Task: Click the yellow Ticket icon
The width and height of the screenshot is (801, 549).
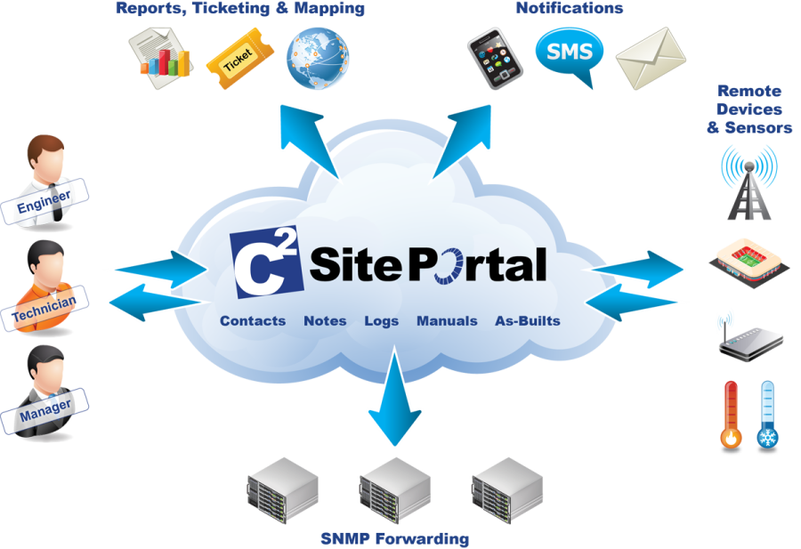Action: point(239,59)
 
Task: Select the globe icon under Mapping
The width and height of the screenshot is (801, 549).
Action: point(317,58)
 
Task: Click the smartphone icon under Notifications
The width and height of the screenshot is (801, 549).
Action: point(495,58)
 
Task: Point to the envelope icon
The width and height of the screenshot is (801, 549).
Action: point(651,58)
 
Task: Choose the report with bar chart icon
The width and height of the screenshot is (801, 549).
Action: point(161,58)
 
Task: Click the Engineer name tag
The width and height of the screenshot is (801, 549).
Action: point(44,202)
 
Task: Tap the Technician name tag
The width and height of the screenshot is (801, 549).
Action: point(44,309)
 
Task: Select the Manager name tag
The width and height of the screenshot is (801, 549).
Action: point(44,411)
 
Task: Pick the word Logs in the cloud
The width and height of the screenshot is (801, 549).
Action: point(381,321)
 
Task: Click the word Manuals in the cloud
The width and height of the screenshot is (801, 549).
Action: point(447,320)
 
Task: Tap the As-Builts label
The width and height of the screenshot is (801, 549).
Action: point(528,320)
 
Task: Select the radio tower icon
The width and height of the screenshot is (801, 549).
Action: point(748,182)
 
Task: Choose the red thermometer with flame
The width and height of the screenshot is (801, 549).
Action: point(731,416)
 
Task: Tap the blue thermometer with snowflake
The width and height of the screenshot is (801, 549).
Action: point(767,416)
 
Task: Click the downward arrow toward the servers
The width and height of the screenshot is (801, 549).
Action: point(394,396)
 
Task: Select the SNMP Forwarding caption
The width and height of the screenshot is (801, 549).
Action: point(395,539)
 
